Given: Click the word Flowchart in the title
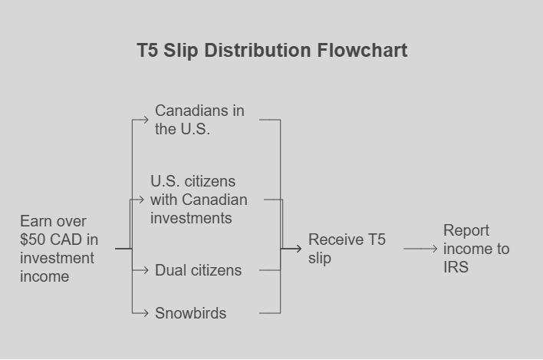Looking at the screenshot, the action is point(362,50).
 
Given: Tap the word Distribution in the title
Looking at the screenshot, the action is point(258,50).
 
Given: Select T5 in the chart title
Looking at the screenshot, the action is point(147,50).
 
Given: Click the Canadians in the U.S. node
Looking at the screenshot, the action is point(199,120).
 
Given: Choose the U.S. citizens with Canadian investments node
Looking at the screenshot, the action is point(199,200).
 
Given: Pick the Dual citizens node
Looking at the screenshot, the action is point(198,270).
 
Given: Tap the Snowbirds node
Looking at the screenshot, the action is point(190,313).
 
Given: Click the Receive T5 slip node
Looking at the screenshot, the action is point(347,249).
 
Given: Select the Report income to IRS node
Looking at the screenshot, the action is point(476,249).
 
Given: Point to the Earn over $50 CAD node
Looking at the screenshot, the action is point(59,249).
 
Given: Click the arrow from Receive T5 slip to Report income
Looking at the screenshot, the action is point(420,249).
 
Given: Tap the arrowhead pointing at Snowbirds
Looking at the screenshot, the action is point(146,313).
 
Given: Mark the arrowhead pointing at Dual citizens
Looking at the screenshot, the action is point(146,270).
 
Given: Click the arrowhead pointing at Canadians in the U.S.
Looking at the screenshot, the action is point(146,120).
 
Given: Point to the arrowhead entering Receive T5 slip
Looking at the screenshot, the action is point(298,249).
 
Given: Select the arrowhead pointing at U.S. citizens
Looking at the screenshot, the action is point(141,200).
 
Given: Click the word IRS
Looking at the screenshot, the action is point(456,267).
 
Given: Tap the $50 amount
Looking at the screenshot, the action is point(32,239).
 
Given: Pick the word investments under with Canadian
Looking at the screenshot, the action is point(191,218).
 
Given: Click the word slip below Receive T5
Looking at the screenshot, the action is point(320,258).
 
